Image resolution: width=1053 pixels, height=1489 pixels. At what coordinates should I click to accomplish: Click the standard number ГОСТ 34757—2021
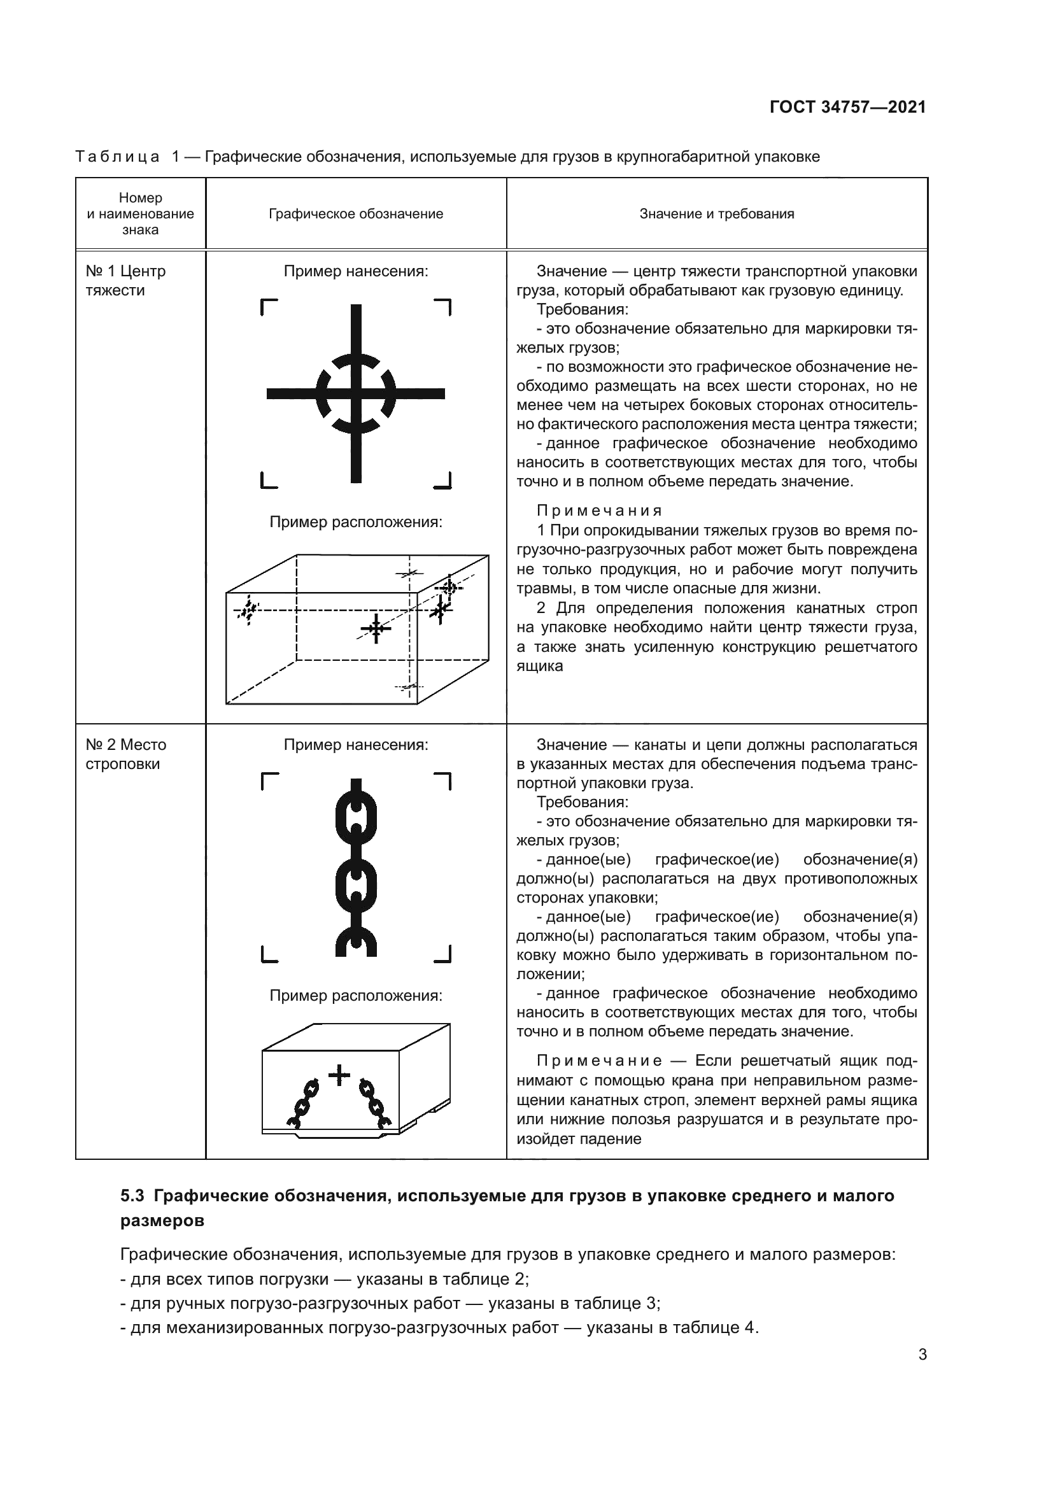[847, 107]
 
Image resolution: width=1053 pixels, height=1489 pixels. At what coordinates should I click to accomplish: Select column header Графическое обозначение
[356, 214]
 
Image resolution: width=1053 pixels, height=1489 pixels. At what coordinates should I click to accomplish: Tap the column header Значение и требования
[716, 214]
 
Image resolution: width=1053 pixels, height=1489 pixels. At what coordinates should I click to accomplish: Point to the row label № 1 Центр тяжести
[126, 280]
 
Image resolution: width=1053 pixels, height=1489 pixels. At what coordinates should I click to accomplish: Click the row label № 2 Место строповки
[126, 754]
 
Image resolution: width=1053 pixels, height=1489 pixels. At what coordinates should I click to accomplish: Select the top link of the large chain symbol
[356, 817]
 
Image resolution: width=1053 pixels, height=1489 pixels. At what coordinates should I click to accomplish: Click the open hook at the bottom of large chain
[356, 942]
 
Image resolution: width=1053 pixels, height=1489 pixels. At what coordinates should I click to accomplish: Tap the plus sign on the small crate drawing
[339, 1076]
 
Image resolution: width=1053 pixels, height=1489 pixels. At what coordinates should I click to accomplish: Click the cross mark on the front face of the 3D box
[376, 628]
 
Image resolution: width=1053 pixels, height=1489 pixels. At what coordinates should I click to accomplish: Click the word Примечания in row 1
[600, 511]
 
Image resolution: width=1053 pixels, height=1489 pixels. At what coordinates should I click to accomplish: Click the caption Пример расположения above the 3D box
[356, 522]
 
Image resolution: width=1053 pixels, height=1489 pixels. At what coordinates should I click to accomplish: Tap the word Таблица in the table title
[117, 157]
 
